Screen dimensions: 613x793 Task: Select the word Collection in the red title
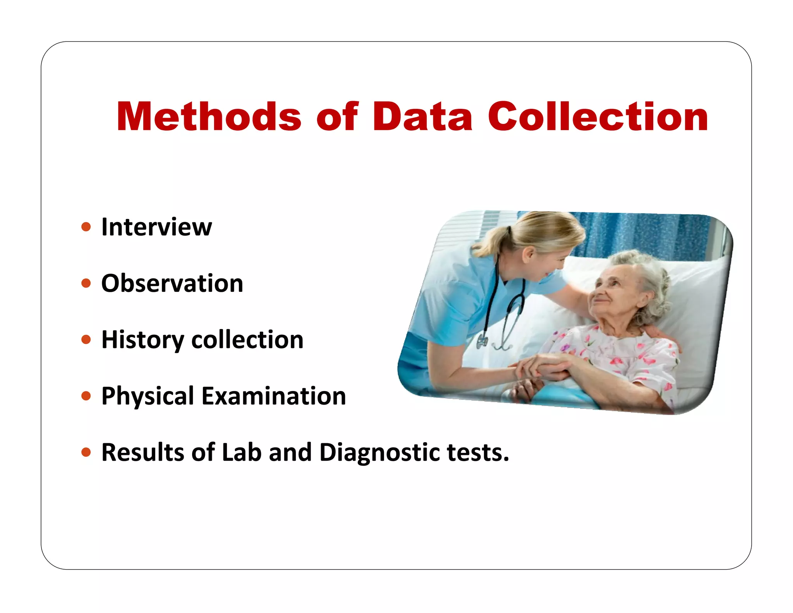(598, 117)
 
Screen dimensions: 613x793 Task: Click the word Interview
(156, 227)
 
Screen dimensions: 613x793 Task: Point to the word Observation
(172, 283)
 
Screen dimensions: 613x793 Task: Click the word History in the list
(142, 340)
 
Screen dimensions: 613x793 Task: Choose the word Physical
(148, 396)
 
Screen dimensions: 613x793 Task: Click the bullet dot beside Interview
(86, 227)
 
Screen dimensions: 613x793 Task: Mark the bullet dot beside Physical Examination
(86, 396)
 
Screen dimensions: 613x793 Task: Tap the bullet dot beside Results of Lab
(86, 453)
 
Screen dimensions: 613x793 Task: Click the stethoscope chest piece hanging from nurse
(482, 341)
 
